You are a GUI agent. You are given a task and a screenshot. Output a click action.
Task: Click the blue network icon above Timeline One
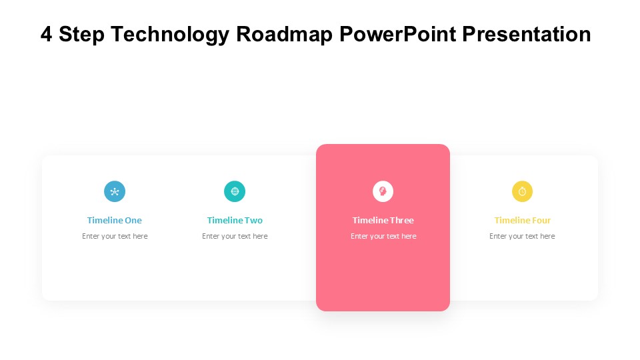tap(115, 191)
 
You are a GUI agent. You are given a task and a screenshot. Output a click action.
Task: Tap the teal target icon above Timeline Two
tap(235, 191)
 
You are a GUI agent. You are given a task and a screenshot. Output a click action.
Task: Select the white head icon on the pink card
tap(383, 191)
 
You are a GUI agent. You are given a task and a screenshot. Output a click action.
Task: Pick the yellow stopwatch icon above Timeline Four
tap(523, 191)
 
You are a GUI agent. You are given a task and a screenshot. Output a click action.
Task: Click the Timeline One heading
tap(115, 221)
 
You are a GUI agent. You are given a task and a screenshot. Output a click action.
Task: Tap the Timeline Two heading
tap(235, 221)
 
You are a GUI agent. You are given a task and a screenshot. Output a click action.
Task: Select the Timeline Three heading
tap(383, 221)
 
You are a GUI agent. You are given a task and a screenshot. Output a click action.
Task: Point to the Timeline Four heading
tap(523, 221)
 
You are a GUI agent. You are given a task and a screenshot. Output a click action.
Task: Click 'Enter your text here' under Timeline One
tap(115, 236)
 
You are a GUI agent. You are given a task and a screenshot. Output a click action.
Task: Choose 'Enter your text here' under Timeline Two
tap(235, 236)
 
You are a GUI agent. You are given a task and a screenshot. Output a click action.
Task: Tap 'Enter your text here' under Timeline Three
tap(383, 236)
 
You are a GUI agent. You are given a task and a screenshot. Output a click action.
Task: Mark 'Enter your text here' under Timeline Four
tap(523, 236)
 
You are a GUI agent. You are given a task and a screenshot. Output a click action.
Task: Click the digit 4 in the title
tap(47, 34)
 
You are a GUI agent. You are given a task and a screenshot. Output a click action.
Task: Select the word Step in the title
tap(82, 35)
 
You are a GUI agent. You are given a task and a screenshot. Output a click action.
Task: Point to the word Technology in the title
tap(170, 35)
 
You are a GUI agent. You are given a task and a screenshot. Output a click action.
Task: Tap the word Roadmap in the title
tap(285, 35)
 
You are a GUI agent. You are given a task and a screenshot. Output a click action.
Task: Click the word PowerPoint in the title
tap(397, 34)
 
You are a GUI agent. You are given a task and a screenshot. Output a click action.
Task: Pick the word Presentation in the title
tap(527, 34)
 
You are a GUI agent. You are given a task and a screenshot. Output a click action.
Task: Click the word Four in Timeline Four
tap(541, 221)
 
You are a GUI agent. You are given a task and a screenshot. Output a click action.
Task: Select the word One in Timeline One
tap(133, 221)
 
